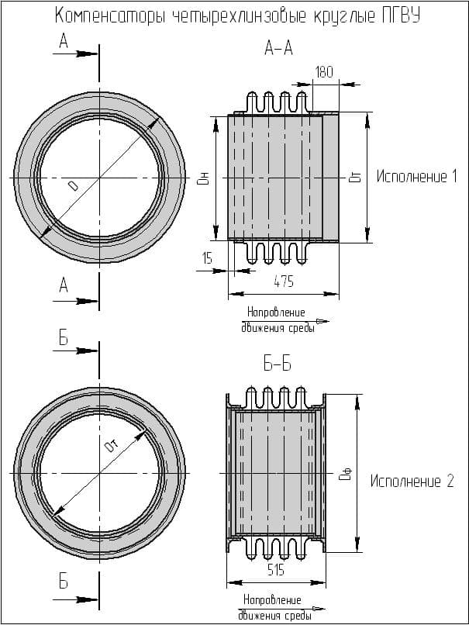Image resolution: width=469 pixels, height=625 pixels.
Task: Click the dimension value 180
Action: (x=324, y=72)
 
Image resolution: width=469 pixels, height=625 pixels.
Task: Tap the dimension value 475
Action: (x=284, y=282)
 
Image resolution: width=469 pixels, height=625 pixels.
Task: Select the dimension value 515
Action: (x=274, y=571)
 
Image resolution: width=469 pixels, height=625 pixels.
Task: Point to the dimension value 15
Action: (x=206, y=258)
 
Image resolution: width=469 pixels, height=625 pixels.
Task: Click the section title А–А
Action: (x=278, y=49)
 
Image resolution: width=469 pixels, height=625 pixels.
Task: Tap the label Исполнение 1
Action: (x=416, y=177)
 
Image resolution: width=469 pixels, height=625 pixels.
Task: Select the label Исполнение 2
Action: (x=411, y=482)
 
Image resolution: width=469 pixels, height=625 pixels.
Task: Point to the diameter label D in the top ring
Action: (x=73, y=186)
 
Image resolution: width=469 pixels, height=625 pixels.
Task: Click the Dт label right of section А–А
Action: (x=355, y=178)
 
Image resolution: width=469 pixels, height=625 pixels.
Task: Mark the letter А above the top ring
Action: (x=64, y=43)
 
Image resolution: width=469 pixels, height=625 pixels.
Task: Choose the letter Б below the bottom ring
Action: (x=64, y=582)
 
